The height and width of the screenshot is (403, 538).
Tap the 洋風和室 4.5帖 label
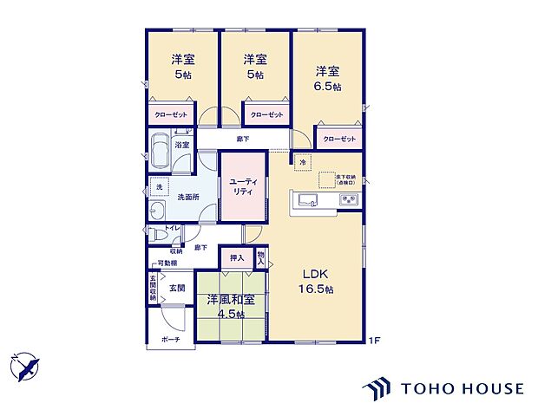[x=230, y=306]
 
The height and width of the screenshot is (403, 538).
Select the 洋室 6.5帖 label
[x=326, y=79]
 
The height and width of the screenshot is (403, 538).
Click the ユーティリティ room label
[x=241, y=186]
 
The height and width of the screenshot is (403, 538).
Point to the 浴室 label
[x=182, y=145]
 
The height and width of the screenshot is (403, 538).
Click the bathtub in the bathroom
[x=160, y=153]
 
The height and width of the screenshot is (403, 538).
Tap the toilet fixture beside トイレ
[x=154, y=232]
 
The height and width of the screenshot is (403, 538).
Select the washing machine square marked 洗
[x=158, y=187]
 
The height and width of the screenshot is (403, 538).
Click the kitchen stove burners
[x=350, y=201]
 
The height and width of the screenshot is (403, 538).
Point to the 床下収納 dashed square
[x=327, y=179]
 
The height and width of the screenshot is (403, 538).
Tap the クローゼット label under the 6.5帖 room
[x=339, y=139]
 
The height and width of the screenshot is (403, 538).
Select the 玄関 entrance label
[x=176, y=287]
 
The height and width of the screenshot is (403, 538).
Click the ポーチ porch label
[x=170, y=339]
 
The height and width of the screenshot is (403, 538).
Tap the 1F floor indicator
[x=375, y=339]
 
